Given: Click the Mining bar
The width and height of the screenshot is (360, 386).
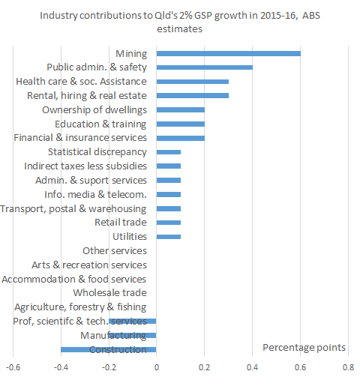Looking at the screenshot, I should (228, 53).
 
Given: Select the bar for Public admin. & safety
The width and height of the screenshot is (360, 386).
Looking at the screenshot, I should (204, 67).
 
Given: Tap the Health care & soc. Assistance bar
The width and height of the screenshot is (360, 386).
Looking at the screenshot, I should (192, 82).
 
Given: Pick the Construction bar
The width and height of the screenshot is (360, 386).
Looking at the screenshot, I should (108, 349).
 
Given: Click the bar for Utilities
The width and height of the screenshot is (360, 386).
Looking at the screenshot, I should (168, 237).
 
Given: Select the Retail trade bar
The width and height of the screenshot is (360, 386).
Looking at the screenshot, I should (168, 223).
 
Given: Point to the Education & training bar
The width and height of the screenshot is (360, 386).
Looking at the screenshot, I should (180, 124).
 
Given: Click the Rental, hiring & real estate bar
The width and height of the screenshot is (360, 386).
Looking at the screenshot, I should (192, 95).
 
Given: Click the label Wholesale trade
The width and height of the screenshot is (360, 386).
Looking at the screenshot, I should (109, 293).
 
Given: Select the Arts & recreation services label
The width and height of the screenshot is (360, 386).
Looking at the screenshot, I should (89, 265).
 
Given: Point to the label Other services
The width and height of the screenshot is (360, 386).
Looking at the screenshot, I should (114, 251).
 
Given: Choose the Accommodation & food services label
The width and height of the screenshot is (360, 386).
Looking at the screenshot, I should (74, 279).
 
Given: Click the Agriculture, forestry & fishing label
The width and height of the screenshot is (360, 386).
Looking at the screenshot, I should (80, 307).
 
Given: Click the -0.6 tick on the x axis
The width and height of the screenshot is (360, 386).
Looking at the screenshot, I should (13, 369).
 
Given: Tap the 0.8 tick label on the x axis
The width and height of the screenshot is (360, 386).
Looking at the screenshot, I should (347, 369).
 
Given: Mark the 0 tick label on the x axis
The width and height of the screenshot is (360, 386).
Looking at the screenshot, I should (156, 369).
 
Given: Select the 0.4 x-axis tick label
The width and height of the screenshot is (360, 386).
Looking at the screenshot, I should (252, 369).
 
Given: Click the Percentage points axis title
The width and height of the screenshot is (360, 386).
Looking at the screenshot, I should (304, 347).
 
